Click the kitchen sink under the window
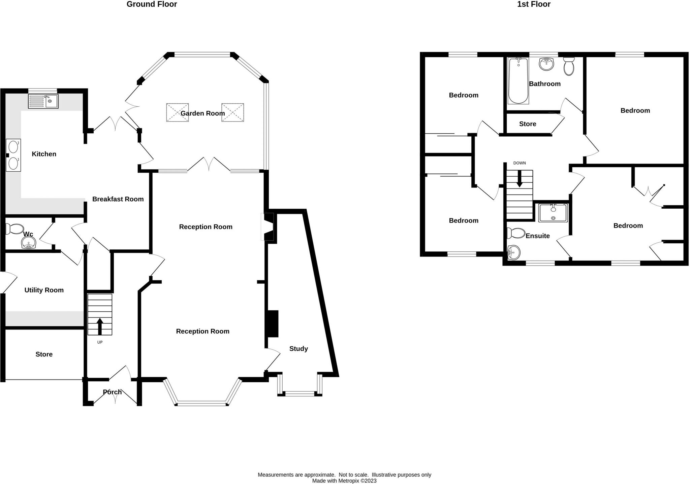click(x=43, y=101)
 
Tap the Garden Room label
click(x=202, y=113)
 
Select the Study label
click(x=299, y=349)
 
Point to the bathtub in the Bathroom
click(x=518, y=81)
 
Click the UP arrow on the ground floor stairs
click(x=100, y=326)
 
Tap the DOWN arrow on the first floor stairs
click(x=520, y=179)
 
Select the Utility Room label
click(x=44, y=290)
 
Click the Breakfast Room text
click(x=118, y=199)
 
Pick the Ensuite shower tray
click(x=553, y=213)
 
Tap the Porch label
click(x=112, y=392)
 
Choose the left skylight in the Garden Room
click(x=178, y=112)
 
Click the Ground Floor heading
click(x=152, y=4)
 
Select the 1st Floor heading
click(x=534, y=4)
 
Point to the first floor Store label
click(x=528, y=124)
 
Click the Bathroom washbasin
click(x=546, y=64)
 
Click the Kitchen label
click(x=44, y=154)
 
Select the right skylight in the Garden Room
click(x=233, y=112)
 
